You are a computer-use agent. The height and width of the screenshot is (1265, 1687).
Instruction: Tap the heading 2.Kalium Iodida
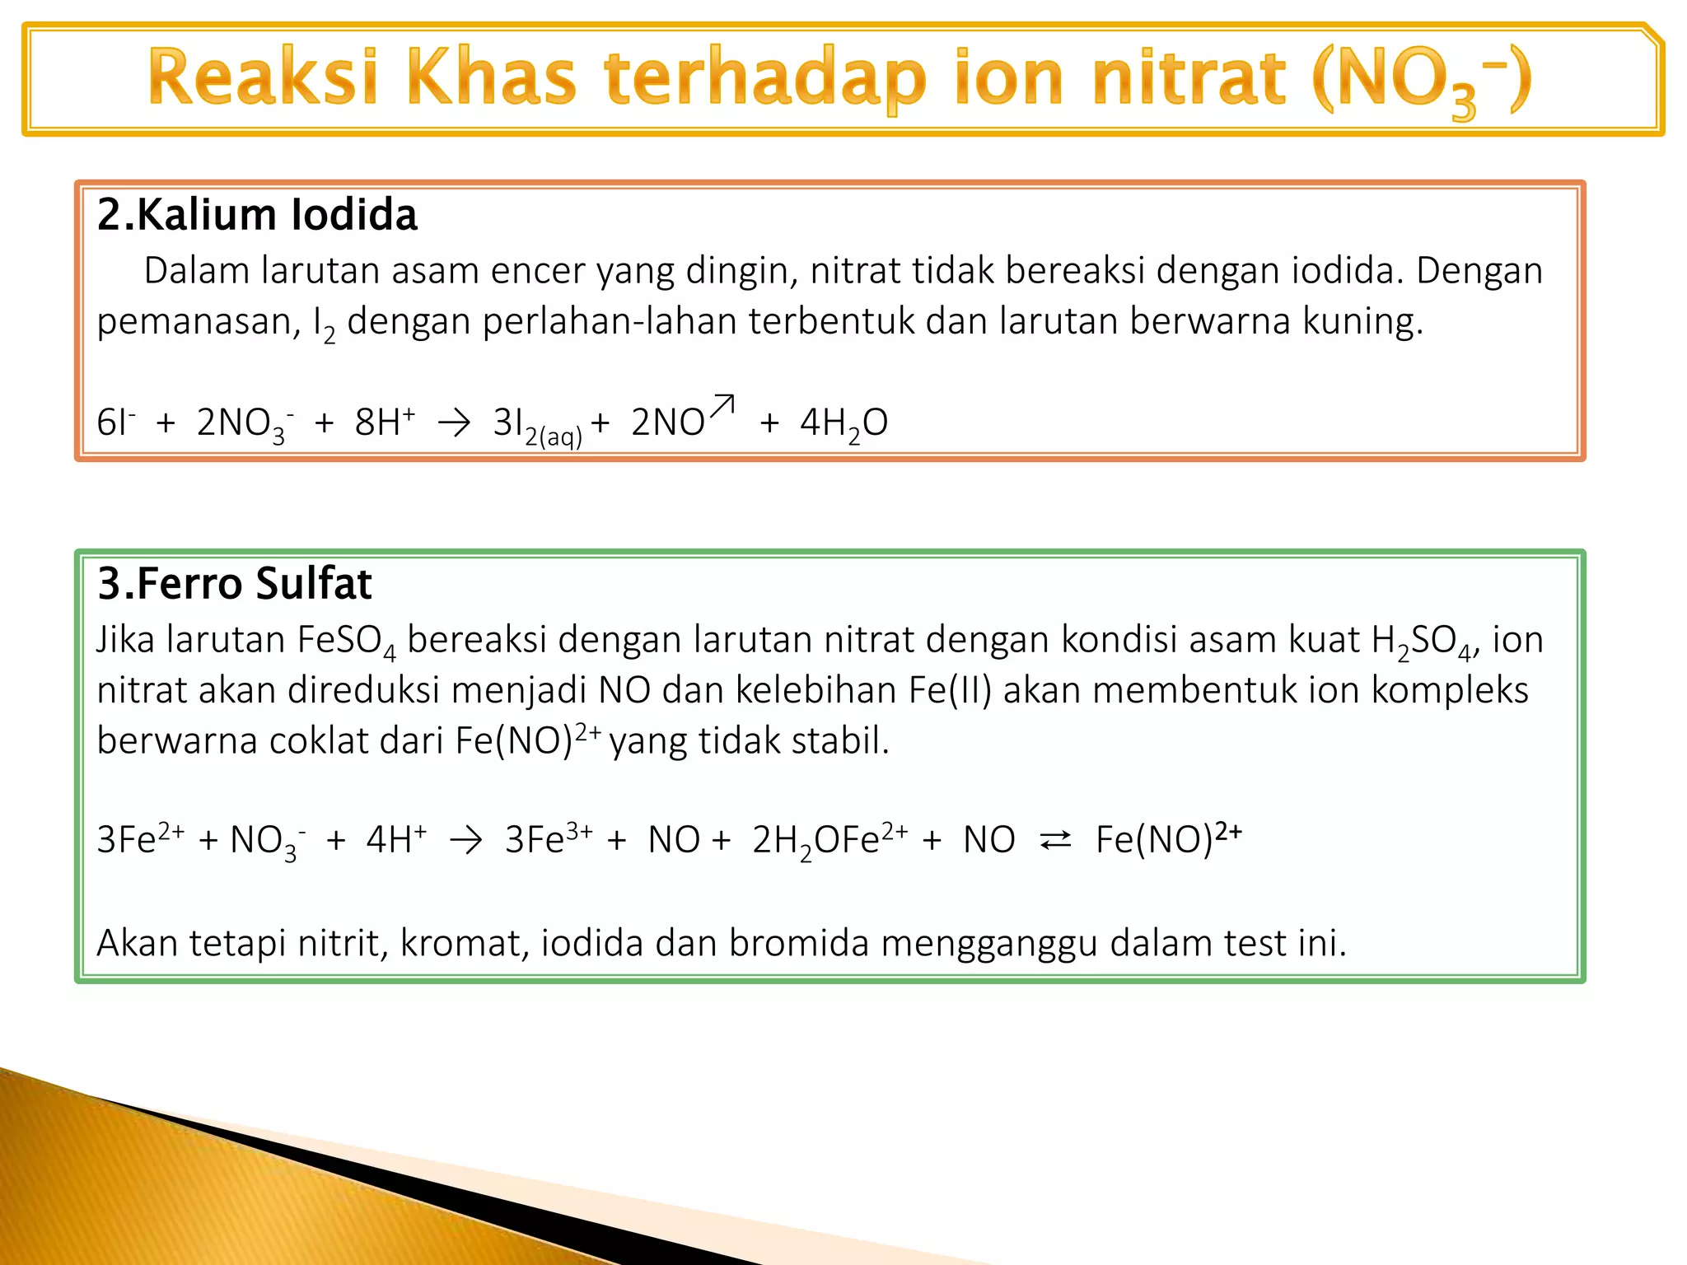[257, 215]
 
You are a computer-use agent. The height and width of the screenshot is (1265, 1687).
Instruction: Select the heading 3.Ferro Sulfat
[235, 584]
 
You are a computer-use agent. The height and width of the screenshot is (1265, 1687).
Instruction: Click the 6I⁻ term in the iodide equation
[115, 423]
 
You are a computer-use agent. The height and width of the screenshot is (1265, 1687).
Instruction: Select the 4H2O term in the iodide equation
[843, 423]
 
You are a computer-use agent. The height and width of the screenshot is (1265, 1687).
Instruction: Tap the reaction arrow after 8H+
[455, 423]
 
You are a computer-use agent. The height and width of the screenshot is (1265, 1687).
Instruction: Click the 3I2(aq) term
[536, 425]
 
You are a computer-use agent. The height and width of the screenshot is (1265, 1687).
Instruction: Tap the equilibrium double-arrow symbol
[1055, 841]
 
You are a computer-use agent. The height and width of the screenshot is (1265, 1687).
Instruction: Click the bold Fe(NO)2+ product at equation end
[1168, 840]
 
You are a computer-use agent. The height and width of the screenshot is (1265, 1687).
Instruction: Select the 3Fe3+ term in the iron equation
[548, 840]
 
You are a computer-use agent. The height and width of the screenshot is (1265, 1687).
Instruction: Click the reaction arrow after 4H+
[466, 841]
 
